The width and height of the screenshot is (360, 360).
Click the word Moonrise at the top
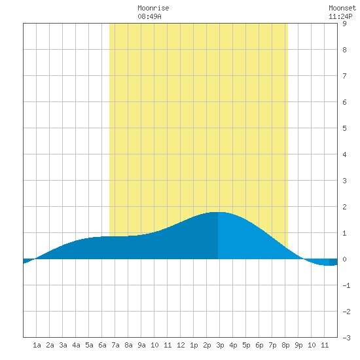(x=153, y=8)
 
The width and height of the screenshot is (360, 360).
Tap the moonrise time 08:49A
(x=149, y=16)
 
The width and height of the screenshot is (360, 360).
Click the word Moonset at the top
(x=342, y=8)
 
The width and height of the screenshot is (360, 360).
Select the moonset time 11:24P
(x=340, y=16)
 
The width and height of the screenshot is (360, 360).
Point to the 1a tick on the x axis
(x=37, y=345)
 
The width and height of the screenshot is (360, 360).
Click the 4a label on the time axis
(x=76, y=345)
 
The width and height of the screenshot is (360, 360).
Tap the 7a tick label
(x=115, y=345)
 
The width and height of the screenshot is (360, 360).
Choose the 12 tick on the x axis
(x=181, y=345)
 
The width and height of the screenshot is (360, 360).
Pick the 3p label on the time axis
(x=220, y=345)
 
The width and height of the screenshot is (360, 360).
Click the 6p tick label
(x=259, y=345)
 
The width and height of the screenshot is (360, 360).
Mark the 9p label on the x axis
(x=298, y=345)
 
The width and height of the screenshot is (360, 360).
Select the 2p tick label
(x=207, y=345)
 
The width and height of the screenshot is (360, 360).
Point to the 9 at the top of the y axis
(x=344, y=24)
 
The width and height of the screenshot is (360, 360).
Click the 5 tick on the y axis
(x=344, y=128)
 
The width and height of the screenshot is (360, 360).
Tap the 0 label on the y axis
(x=344, y=259)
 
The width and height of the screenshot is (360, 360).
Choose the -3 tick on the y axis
(x=346, y=338)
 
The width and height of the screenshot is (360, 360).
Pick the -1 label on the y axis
(x=346, y=285)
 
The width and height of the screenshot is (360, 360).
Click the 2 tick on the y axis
(x=344, y=207)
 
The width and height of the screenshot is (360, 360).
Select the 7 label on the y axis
(x=344, y=76)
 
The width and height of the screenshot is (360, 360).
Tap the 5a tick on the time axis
(x=89, y=345)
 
